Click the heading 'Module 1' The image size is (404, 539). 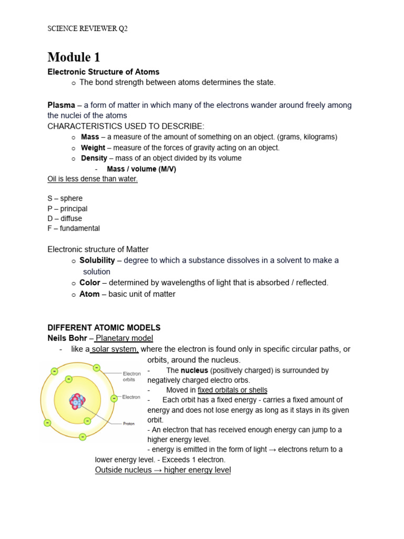74,57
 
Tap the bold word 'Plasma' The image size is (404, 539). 61,105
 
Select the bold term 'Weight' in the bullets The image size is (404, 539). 93,148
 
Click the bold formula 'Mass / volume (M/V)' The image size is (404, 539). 141,169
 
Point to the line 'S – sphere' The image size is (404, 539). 65,198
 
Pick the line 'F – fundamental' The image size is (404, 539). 73,228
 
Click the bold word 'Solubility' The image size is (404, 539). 97,261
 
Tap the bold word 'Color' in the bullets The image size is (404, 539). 89,283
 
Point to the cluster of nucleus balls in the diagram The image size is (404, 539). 77,401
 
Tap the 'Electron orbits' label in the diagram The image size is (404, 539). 132,376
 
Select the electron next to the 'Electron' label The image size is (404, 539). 113,398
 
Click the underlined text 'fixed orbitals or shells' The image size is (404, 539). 233,390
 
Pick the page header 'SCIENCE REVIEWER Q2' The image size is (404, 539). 87,29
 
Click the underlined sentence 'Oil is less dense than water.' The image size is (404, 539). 93,179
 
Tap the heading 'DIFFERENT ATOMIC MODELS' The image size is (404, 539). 104,327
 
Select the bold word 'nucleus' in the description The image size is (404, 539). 194,371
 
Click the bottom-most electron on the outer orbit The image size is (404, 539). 82,436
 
